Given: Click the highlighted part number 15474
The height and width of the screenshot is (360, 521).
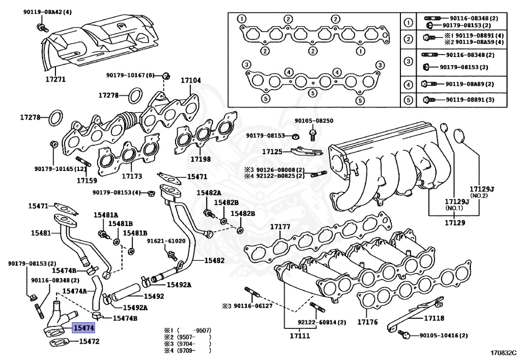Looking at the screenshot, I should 83,328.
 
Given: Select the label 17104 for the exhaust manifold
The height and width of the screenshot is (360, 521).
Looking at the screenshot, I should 191,80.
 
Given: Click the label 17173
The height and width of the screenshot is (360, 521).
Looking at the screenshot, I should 132,176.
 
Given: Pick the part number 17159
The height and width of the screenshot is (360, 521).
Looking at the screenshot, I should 87,180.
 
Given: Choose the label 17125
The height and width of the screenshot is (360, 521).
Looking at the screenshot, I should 272,151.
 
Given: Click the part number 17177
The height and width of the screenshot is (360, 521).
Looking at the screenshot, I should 280,227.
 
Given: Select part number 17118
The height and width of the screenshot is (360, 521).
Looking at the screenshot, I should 434,318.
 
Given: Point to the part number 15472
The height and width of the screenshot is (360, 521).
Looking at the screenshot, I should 89,342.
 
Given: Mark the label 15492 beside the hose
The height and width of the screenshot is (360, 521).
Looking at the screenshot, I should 154,296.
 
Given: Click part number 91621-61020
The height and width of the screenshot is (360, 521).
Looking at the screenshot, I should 166,241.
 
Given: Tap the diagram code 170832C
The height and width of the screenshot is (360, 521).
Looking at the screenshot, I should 503,352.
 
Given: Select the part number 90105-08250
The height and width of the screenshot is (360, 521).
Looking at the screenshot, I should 314,121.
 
